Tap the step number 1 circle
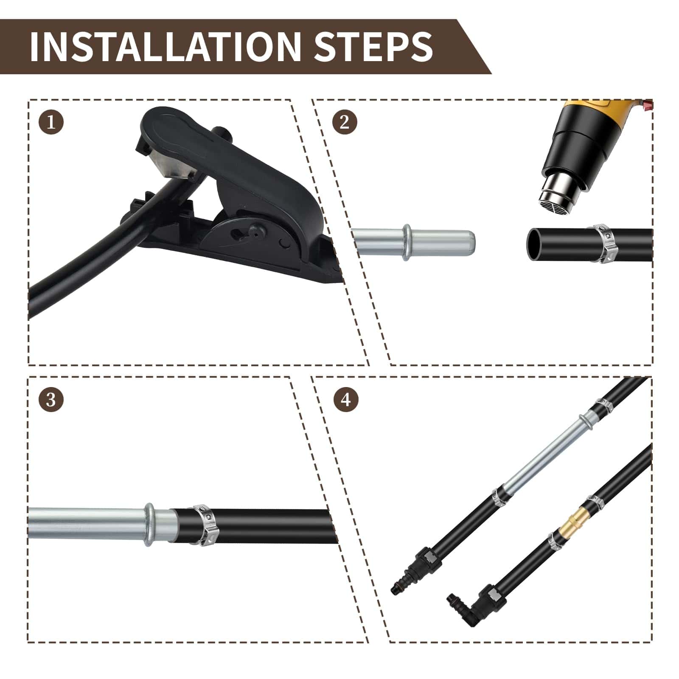pyautogui.click(x=51, y=123)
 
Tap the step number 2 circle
pyautogui.click(x=344, y=122)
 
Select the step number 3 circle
pyautogui.click(x=51, y=399)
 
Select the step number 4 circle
pyautogui.click(x=346, y=399)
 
